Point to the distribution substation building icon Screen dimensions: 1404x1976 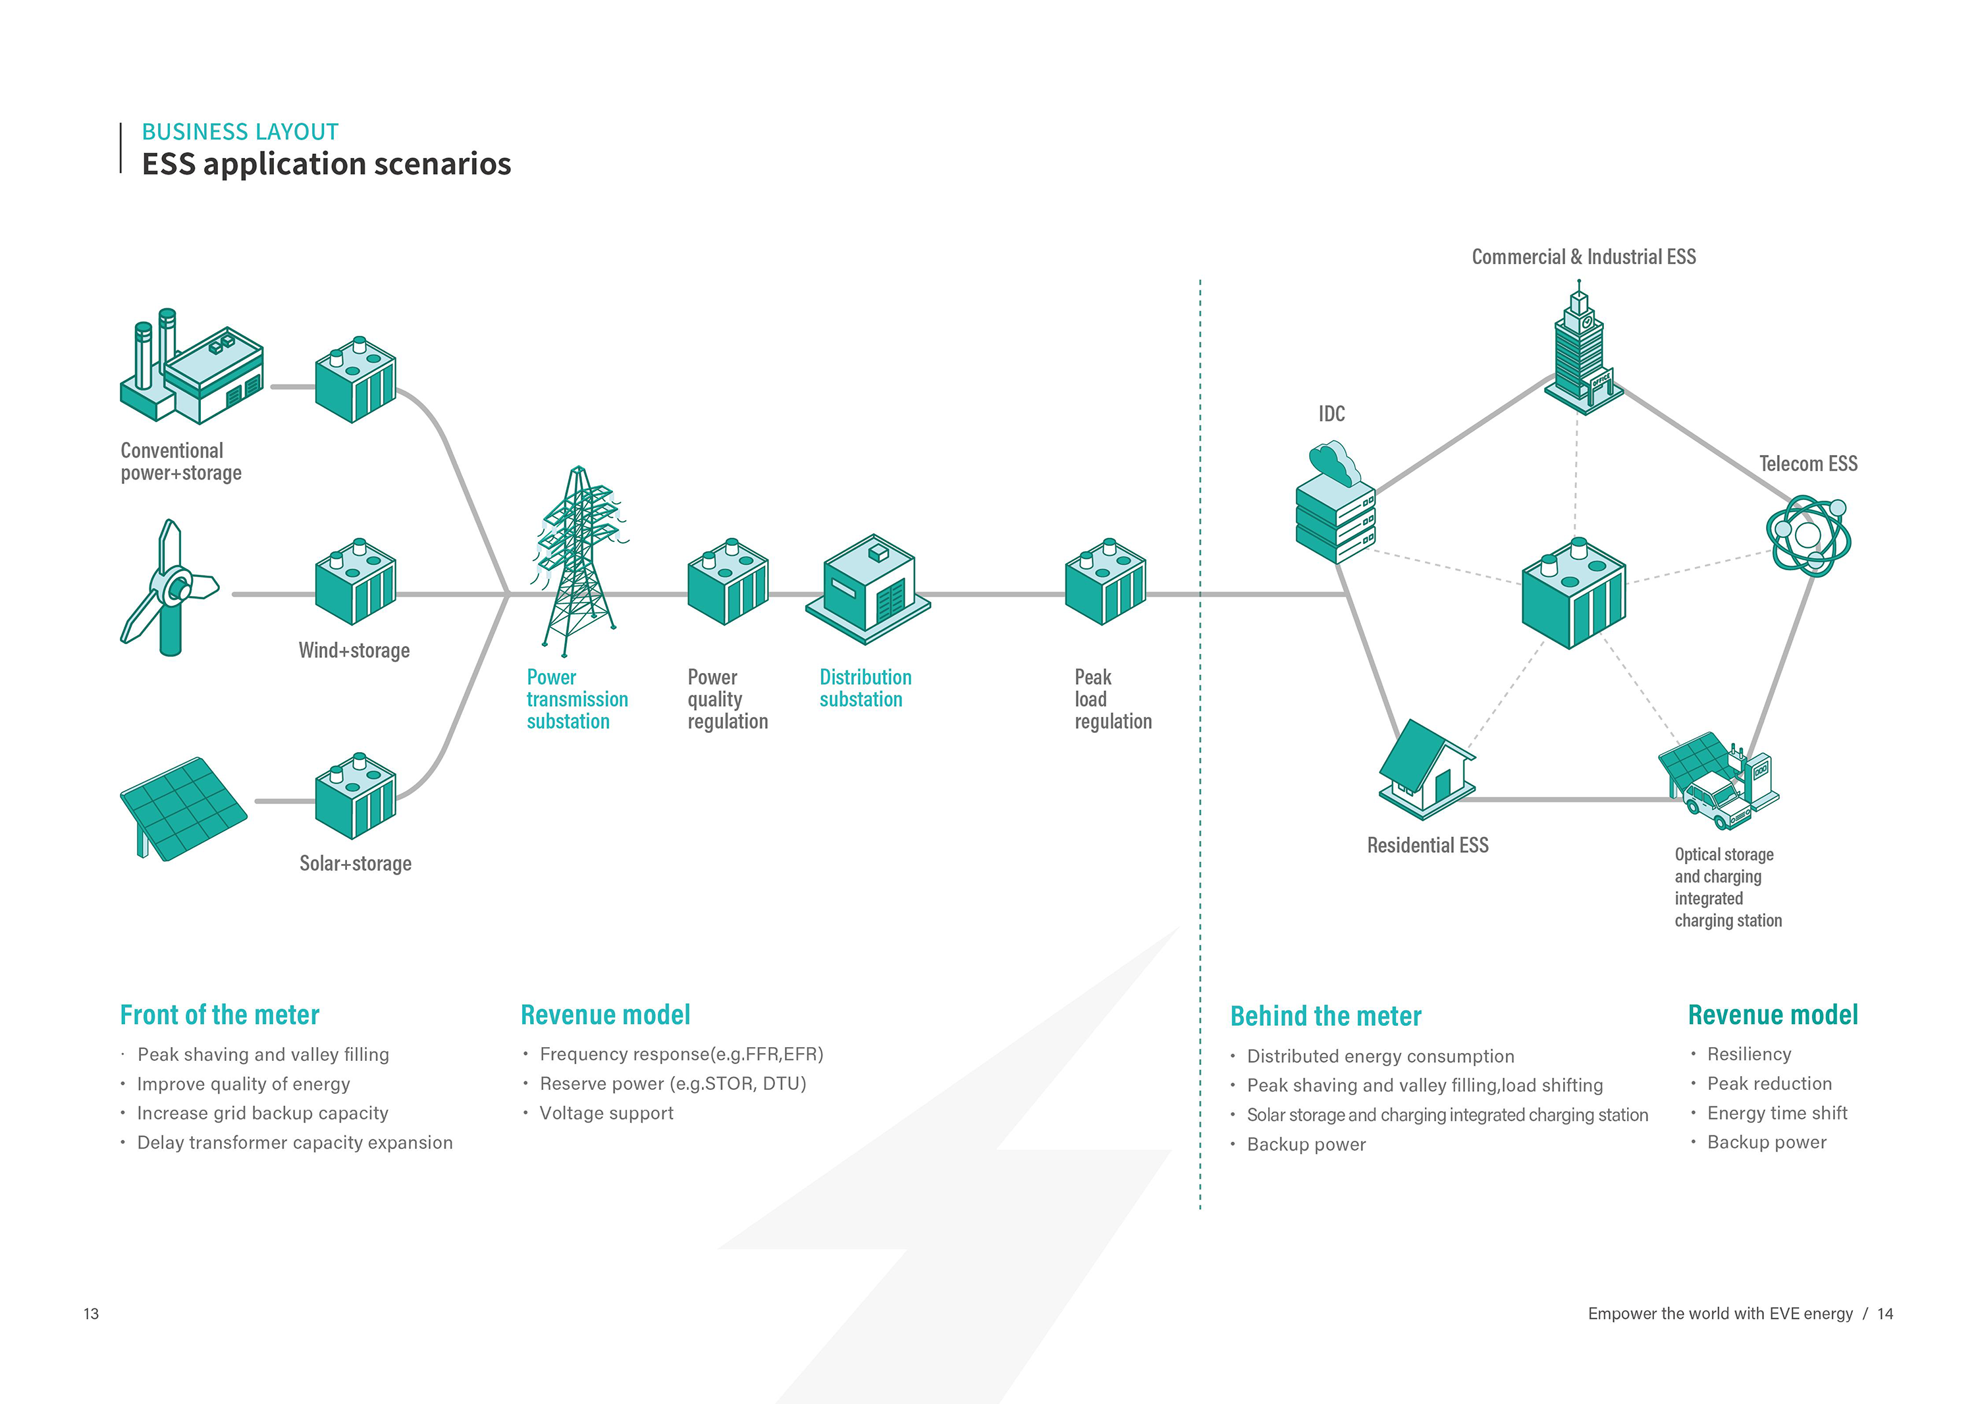tap(868, 588)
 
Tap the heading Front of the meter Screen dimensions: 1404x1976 tap(219, 1015)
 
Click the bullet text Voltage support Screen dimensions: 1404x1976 tap(606, 1114)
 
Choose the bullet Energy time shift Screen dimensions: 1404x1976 tap(1776, 1114)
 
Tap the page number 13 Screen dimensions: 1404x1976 tap(91, 1314)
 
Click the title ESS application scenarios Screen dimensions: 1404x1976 tap(326, 164)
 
